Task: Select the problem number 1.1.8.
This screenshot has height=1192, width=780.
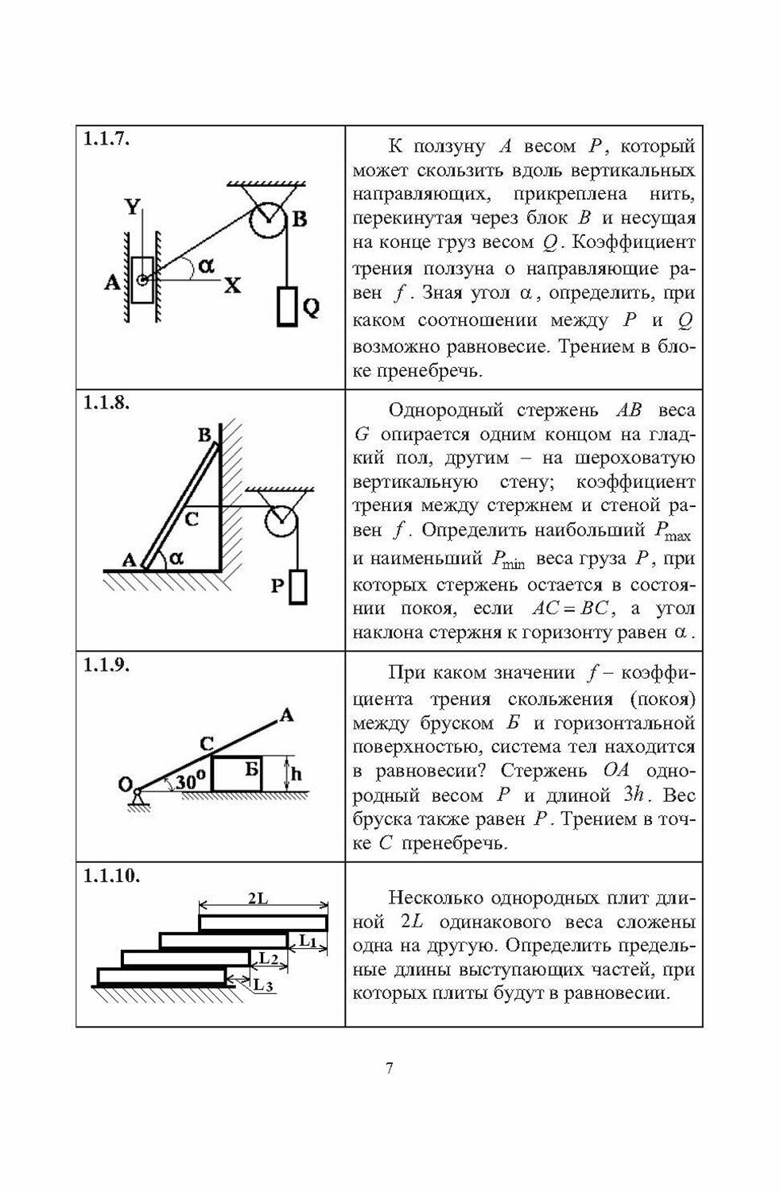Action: pos(107,402)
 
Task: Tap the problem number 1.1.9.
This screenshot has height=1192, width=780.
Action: pos(107,666)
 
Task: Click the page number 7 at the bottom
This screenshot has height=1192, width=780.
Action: pos(390,1068)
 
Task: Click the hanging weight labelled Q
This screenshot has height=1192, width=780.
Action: pos(286,306)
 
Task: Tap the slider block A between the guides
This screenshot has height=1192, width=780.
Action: pos(143,280)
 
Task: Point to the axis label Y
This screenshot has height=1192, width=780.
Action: pos(132,208)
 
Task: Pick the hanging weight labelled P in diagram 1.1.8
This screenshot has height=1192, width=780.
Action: pos(298,586)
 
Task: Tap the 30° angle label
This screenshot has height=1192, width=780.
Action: pos(191,781)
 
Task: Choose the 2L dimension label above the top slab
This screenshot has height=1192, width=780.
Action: pos(257,899)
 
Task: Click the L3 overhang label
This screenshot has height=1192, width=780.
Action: pos(265,985)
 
